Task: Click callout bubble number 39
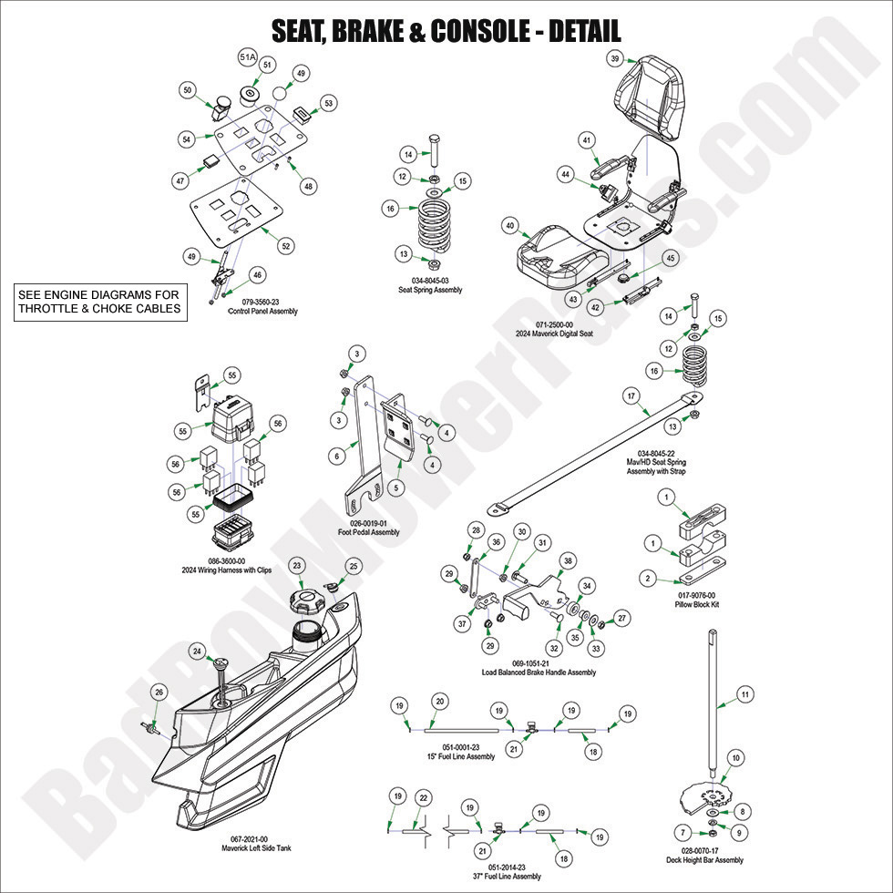(x=615, y=58)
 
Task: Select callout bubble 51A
(x=247, y=57)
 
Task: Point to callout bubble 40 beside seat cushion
(x=509, y=225)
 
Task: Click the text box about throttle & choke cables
(x=100, y=301)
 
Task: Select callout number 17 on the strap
(x=630, y=396)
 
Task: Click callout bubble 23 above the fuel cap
(x=297, y=566)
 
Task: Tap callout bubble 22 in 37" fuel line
(x=422, y=797)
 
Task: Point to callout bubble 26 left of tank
(x=159, y=693)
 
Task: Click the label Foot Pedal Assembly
(x=368, y=532)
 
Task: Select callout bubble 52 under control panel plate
(x=285, y=246)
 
